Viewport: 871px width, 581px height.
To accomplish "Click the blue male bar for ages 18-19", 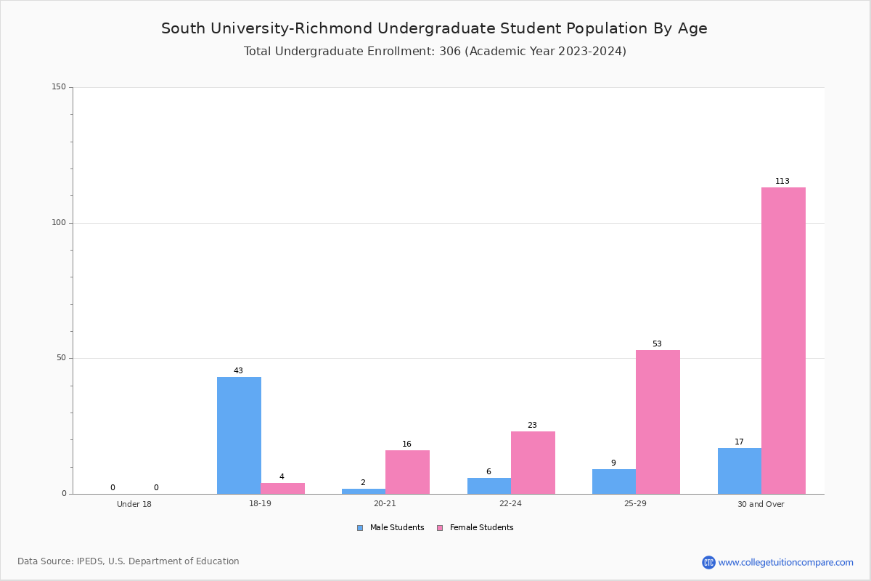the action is pos(239,436).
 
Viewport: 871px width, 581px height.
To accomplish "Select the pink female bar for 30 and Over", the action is pos(783,341).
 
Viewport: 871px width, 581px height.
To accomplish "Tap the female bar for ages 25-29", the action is pos(658,422).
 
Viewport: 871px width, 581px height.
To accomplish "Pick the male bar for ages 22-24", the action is pos(489,486).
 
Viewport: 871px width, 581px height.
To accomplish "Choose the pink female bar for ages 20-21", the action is pos(407,473).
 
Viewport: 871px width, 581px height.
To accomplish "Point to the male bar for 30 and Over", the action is pos(740,471).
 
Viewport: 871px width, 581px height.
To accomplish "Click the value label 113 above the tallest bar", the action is pos(782,181).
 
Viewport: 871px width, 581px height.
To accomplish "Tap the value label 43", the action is pos(238,370).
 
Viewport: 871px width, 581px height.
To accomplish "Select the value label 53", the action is pos(657,344).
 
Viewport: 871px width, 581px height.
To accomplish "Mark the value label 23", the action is pos(532,425).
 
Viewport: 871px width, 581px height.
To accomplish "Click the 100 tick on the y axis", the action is pos(59,222).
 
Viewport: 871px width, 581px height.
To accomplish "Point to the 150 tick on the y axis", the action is pos(59,86).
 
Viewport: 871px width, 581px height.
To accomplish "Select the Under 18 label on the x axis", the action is pos(134,504).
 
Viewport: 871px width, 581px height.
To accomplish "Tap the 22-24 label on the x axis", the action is pos(510,503).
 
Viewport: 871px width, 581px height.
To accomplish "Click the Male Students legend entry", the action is pos(390,528).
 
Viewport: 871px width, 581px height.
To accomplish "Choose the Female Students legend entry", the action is pos(475,528).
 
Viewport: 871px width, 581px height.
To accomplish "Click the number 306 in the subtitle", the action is pos(450,51).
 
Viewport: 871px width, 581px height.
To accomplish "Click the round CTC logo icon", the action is pos(708,562).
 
